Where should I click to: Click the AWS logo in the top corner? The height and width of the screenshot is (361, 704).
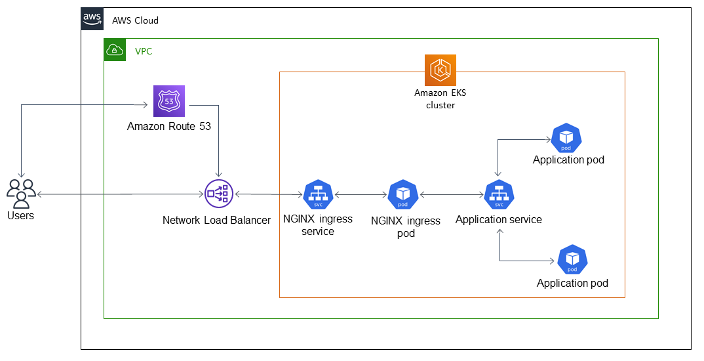pyautogui.click(x=92, y=19)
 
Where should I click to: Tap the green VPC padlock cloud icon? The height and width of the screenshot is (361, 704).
pyautogui.click(x=115, y=50)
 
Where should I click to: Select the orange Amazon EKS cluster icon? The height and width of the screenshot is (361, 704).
pyautogui.click(x=440, y=70)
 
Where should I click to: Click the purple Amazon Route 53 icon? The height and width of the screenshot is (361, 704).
pyautogui.click(x=169, y=101)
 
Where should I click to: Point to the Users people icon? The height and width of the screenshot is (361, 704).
pyautogui.click(x=21, y=193)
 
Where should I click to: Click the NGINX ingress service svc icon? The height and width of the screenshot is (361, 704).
pyautogui.click(x=318, y=194)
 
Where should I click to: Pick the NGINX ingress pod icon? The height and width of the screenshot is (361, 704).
pyautogui.click(x=403, y=194)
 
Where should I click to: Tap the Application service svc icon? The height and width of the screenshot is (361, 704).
pyautogui.click(x=498, y=194)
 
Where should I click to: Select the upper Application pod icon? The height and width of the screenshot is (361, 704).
pyautogui.click(x=566, y=138)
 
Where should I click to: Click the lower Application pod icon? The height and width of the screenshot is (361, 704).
pyautogui.click(x=572, y=260)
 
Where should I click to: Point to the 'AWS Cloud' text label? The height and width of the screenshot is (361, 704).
pyautogui.click(x=135, y=20)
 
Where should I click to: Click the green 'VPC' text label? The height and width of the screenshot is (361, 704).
pyautogui.click(x=144, y=51)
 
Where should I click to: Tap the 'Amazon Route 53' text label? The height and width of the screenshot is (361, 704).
pyautogui.click(x=169, y=126)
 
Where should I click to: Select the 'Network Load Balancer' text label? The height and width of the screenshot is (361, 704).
pyautogui.click(x=216, y=221)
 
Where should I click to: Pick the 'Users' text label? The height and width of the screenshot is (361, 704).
pyautogui.click(x=20, y=215)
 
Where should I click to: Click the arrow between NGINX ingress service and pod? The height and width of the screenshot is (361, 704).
pyautogui.click(x=361, y=194)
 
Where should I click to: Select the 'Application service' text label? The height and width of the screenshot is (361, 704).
pyautogui.click(x=498, y=219)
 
